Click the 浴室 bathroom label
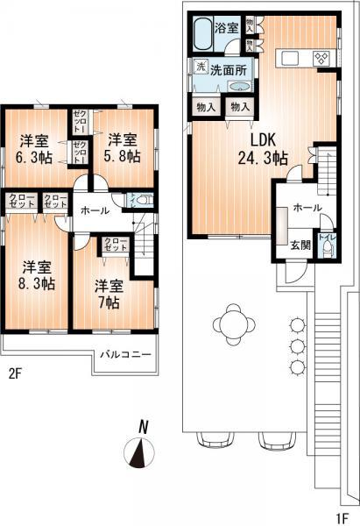[228, 28]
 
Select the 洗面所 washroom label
[227, 69]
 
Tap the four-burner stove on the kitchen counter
[321, 60]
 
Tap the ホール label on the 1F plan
[306, 209]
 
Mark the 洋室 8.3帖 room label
[35, 275]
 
